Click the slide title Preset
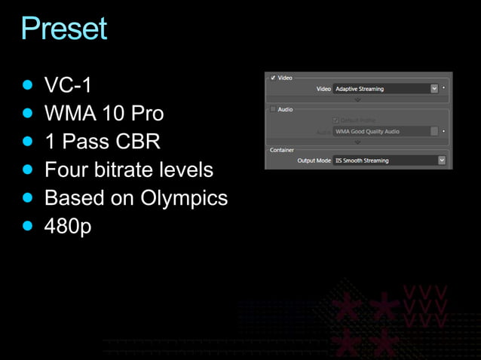coord(64,28)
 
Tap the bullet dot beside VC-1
coord(29,84)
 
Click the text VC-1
coord(68,84)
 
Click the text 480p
coord(68,226)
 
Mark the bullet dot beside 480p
coord(29,225)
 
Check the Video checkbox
coord(272,78)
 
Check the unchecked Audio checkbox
coord(272,109)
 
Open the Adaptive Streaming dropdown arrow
coord(434,88)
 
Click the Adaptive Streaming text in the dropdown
coord(360,89)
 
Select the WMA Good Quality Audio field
coord(381,131)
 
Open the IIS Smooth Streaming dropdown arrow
coord(441,160)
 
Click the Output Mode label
coord(314,160)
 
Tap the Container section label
coord(283,149)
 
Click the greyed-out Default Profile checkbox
coord(335,120)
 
